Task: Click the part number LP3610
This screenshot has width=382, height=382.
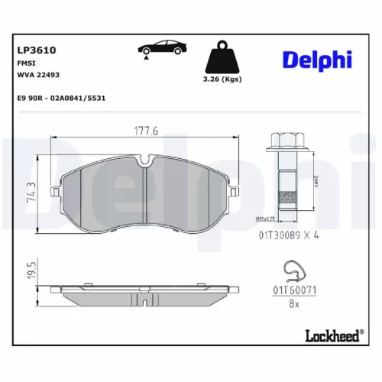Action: (36, 50)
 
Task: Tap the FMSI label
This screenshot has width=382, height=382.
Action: (26, 63)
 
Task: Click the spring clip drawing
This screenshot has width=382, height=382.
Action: (293, 271)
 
